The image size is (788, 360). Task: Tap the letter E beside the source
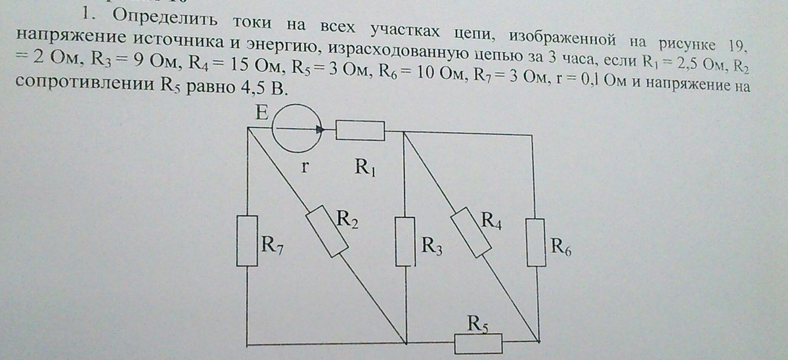pyautogui.click(x=262, y=113)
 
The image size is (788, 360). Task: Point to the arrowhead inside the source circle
pyautogui.click(x=320, y=130)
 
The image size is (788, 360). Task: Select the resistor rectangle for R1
pyautogui.click(x=361, y=131)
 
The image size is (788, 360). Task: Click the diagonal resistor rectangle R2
pyautogui.click(x=327, y=231)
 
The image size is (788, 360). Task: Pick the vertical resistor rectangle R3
pyautogui.click(x=405, y=241)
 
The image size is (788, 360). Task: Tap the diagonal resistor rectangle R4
pyautogui.click(x=471, y=233)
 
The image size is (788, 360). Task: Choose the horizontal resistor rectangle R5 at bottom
pyautogui.click(x=478, y=344)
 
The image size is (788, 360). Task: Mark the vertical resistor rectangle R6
pyautogui.click(x=536, y=242)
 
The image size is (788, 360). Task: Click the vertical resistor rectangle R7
pyautogui.click(x=247, y=240)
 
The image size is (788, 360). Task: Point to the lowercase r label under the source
pyautogui.click(x=305, y=166)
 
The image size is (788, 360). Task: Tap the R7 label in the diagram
pyautogui.click(x=273, y=244)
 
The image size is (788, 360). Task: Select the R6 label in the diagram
pyautogui.click(x=561, y=246)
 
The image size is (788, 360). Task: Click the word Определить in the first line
pyautogui.click(x=165, y=18)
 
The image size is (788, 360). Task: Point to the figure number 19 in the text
pyautogui.click(x=736, y=46)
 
